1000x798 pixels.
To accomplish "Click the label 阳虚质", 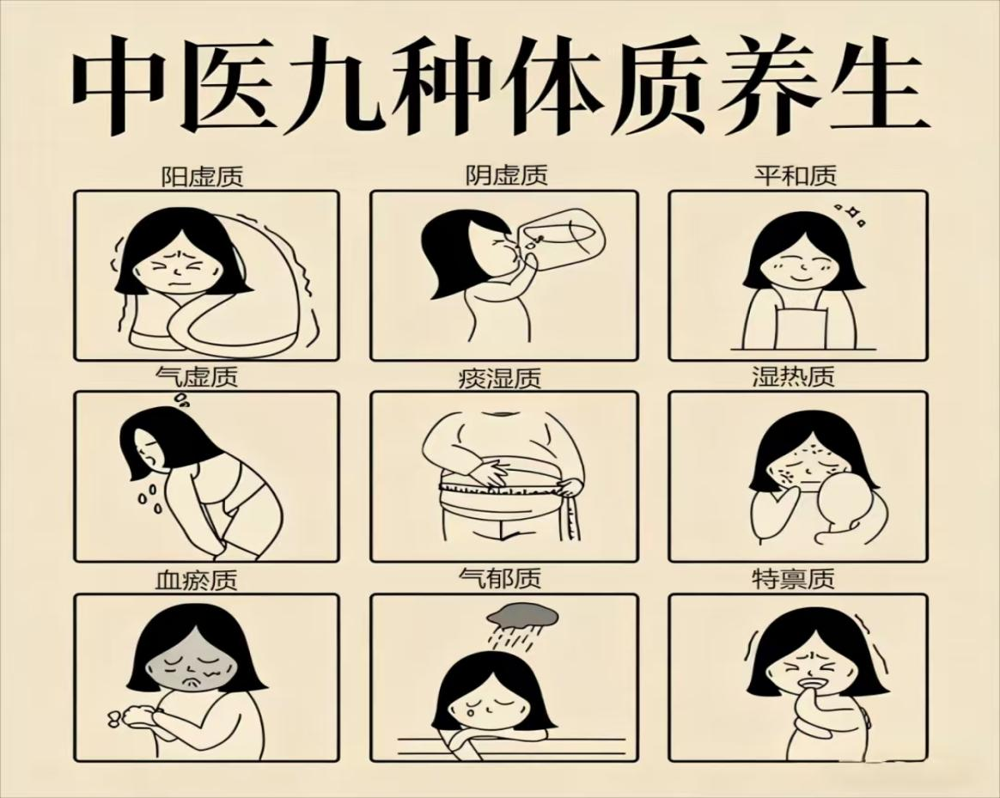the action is [x=202, y=176].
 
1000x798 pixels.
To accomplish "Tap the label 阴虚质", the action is [x=506, y=174].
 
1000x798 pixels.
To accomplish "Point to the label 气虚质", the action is [x=197, y=376].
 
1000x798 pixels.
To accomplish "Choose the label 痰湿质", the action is [x=500, y=378].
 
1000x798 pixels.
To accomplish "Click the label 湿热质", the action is [x=793, y=376].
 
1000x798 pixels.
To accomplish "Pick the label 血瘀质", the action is [x=197, y=580].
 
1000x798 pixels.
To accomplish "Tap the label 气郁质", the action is [x=500, y=578].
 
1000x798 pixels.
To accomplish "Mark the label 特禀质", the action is [x=793, y=579].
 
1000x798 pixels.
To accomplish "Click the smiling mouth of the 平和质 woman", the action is [x=800, y=278].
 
